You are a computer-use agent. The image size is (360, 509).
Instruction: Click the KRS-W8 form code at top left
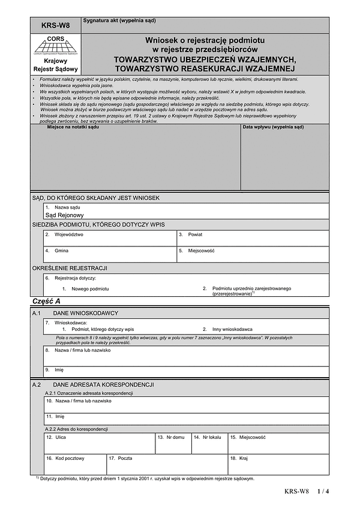point(55,25)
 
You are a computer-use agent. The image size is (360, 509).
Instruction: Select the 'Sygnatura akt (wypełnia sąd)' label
point(119,20)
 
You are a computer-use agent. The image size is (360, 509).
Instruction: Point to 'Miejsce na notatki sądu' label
point(73,128)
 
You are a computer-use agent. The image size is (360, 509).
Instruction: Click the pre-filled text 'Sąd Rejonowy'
point(65,215)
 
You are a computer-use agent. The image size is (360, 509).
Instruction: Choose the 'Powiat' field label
point(196,234)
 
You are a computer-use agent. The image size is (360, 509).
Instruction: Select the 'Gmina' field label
point(62,251)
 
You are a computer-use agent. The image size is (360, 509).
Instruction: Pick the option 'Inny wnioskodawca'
point(232,329)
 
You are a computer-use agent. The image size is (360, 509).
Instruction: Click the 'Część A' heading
point(46,302)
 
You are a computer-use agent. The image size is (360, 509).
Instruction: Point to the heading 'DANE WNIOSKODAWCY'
point(86,313)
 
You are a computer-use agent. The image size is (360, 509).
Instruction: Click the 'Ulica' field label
point(61,437)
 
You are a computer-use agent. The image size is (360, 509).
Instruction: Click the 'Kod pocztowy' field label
point(70,458)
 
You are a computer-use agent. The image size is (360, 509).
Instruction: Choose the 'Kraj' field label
point(243,458)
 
